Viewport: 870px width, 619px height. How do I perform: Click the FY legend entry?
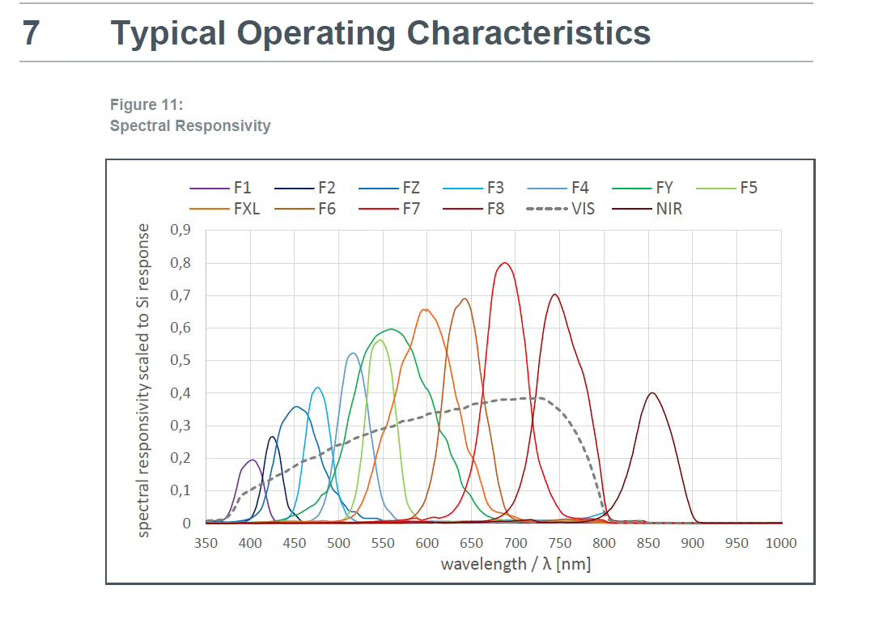pyautogui.click(x=664, y=188)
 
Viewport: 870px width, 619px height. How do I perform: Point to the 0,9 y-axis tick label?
pyautogui.click(x=180, y=230)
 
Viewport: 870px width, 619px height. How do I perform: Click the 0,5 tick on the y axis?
pyautogui.click(x=180, y=360)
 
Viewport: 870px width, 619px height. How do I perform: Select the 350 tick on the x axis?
pyautogui.click(x=206, y=542)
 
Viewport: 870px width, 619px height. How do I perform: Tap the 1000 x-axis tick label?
pyautogui.click(x=781, y=542)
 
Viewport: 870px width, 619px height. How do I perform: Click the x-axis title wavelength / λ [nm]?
pyautogui.click(x=516, y=563)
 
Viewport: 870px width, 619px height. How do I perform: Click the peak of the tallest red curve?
pyautogui.click(x=505, y=262)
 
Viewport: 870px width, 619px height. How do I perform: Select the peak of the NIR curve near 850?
pyautogui.click(x=651, y=393)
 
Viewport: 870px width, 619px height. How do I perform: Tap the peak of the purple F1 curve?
pyautogui.click(x=251, y=460)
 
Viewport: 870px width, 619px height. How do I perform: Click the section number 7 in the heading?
pyautogui.click(x=30, y=33)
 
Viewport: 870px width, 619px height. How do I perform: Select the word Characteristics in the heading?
pyautogui.click(x=528, y=33)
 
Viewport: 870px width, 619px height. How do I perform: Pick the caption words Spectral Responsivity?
pyautogui.click(x=190, y=125)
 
